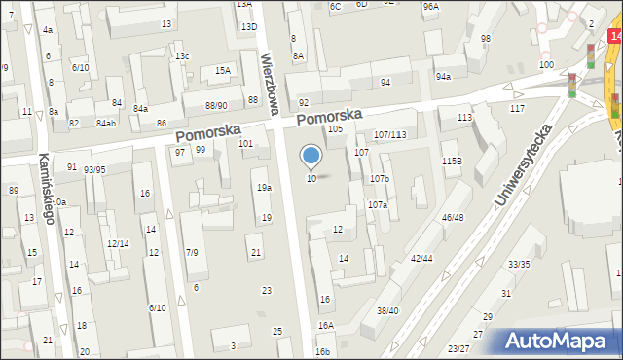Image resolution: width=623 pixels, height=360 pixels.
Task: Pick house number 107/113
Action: coord(389,133)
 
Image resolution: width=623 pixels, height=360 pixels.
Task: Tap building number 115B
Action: coord(451,160)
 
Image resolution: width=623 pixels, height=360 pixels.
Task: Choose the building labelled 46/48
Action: coord(452,217)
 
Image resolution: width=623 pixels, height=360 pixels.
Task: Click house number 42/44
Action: coord(422,258)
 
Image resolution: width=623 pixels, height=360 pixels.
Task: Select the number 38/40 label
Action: coord(387,310)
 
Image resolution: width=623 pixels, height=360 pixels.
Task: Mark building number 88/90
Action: coord(216,105)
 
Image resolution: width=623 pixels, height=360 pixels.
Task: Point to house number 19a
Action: coord(264,187)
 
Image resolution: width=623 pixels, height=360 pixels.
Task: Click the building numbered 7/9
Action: coord(193,253)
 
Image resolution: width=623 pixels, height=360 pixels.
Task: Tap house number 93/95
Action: coord(94,169)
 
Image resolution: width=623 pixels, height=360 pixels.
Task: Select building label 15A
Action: coord(223,70)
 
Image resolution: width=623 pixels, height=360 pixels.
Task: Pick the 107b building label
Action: coord(379,179)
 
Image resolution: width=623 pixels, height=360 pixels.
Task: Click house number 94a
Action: coord(444,76)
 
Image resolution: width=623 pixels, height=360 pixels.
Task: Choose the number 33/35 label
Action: coord(519,264)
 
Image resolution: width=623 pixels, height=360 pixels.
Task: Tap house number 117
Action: coord(517,108)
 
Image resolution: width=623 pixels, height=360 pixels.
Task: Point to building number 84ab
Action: coord(105,124)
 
